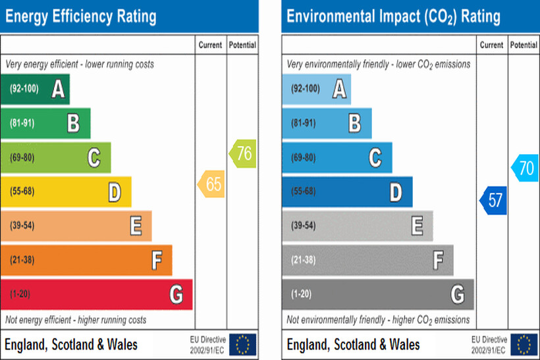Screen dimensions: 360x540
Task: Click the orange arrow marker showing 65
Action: pos(211,184)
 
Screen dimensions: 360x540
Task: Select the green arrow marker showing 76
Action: pos(242,153)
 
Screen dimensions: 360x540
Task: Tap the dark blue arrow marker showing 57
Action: pos(493,201)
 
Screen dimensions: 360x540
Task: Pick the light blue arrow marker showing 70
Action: pos(525,168)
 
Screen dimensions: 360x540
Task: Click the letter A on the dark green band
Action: pos(59,89)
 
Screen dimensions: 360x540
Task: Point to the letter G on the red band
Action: pos(176,294)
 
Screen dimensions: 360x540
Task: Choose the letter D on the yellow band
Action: pos(115,192)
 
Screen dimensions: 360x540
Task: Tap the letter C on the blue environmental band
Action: pos(375,158)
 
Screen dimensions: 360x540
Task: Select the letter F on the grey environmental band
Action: pos(438,261)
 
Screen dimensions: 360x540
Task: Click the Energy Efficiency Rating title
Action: pos(81,16)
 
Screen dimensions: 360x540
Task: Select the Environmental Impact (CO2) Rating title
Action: pos(393,16)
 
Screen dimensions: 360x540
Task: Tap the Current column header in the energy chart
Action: pos(211,45)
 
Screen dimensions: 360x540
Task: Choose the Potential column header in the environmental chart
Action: pos(524,45)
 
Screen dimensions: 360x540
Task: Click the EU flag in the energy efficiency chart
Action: pos(243,344)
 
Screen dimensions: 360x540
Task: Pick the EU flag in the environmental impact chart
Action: pos(524,344)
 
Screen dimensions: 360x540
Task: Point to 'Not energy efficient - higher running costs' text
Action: pos(76,321)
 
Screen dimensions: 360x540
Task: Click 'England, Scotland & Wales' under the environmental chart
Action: pos(353,344)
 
